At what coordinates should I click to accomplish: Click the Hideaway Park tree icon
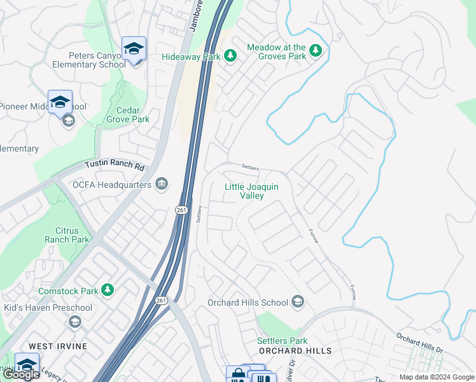pos(230,56)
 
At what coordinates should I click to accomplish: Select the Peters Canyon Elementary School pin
pos(134,48)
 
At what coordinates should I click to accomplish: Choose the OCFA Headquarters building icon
pos(162,185)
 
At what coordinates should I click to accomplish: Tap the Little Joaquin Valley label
pos(252,191)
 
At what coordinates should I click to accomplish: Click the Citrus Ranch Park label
pos(67,235)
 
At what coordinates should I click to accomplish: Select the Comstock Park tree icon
pos(108,290)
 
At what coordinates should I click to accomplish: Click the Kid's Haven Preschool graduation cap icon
pos(75,322)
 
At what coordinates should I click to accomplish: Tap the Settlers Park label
pos(282,341)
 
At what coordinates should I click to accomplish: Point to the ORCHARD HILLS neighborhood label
pos(295,351)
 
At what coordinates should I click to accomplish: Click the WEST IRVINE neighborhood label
pos(58,346)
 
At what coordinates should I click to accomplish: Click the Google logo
pos(21,374)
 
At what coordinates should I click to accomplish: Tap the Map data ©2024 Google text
pos(436,377)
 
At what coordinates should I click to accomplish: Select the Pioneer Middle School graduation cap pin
pos(60,102)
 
